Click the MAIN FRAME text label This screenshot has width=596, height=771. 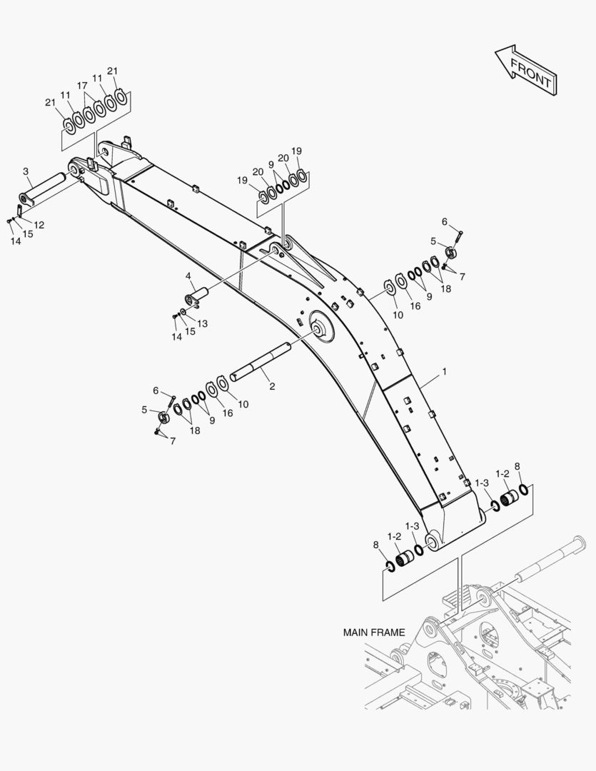[x=374, y=632]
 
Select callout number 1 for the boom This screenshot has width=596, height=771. [x=444, y=372]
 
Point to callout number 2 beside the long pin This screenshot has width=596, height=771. [x=272, y=385]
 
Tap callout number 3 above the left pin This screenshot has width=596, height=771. [x=26, y=171]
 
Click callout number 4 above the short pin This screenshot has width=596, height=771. [x=188, y=276]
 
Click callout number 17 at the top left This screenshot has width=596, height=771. [x=83, y=85]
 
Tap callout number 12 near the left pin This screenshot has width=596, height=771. [x=39, y=225]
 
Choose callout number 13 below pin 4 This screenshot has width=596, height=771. [x=203, y=323]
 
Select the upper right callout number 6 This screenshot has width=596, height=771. [x=444, y=221]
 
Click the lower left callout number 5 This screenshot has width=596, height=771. [x=144, y=410]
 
